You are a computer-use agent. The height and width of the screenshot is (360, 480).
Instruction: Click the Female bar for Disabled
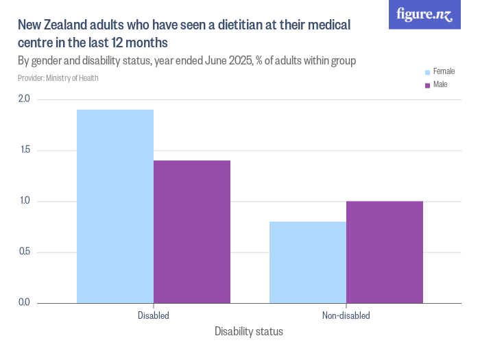click(x=115, y=206)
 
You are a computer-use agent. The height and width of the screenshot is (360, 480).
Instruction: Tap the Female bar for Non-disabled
click(x=308, y=262)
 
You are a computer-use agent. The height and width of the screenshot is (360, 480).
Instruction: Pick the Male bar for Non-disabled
click(x=385, y=252)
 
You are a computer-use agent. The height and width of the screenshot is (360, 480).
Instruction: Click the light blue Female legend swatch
click(x=427, y=72)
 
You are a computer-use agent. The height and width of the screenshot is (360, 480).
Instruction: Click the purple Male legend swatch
click(x=427, y=85)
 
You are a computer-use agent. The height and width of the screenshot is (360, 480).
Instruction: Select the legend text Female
click(x=444, y=72)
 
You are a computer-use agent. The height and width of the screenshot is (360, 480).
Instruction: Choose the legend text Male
click(x=440, y=85)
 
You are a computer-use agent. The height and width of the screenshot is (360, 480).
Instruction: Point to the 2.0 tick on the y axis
click(x=24, y=99)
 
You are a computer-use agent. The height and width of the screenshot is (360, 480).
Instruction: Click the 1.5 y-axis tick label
click(x=24, y=150)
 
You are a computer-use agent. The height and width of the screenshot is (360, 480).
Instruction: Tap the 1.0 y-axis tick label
click(x=24, y=201)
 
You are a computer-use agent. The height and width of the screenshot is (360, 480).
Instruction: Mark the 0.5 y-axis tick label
click(x=24, y=252)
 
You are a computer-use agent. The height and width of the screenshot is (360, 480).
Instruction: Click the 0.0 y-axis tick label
click(x=24, y=302)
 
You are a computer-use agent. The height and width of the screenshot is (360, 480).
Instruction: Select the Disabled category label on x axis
click(x=154, y=316)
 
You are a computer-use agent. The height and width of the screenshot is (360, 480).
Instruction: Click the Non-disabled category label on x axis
click(x=346, y=316)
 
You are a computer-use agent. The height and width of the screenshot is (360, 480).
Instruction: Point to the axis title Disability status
click(x=248, y=332)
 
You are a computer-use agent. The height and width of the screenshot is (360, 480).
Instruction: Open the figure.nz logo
click(x=424, y=14)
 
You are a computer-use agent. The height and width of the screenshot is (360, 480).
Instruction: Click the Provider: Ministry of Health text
click(x=58, y=78)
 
